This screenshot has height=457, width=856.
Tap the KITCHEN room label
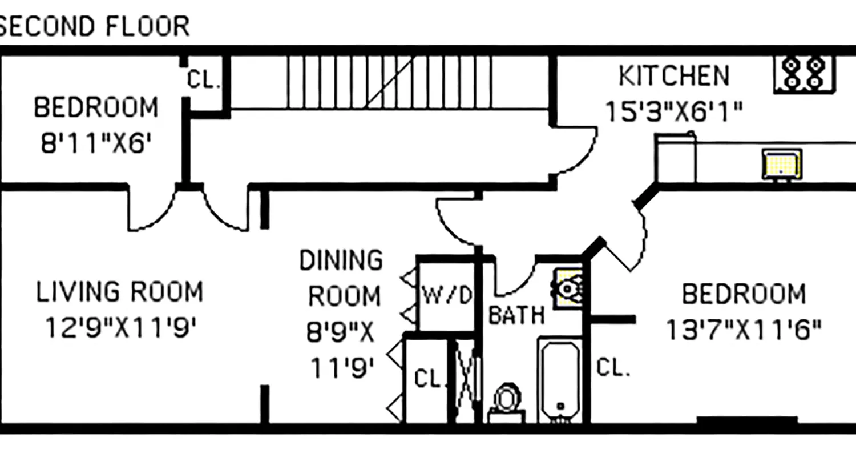click(674, 76)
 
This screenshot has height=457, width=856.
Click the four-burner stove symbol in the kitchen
click(803, 74)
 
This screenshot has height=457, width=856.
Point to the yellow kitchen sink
click(782, 165)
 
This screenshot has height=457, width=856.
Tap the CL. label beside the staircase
click(204, 81)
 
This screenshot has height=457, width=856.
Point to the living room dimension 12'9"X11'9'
click(120, 328)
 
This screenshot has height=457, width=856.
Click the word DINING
click(341, 260)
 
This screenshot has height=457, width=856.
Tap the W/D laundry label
click(448, 295)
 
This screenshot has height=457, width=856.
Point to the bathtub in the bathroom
click(560, 380)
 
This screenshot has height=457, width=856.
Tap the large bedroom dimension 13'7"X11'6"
click(744, 330)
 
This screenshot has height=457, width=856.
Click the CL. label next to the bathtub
click(613, 367)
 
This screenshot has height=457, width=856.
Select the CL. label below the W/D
click(427, 379)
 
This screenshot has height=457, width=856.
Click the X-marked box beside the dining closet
click(466, 380)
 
